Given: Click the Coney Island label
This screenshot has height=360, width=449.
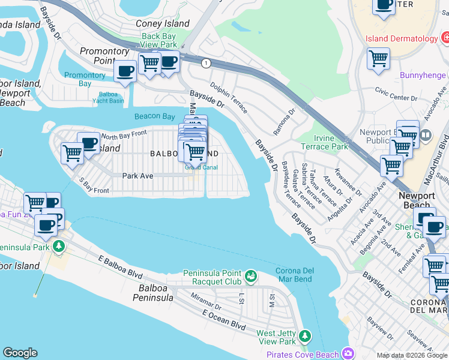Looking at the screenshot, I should (162, 24).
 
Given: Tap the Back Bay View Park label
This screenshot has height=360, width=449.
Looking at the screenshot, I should (159, 40).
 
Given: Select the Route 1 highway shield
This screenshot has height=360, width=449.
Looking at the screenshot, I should (206, 63).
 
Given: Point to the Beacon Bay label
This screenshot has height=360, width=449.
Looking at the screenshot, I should (154, 116).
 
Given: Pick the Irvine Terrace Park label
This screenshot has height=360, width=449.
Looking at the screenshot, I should (324, 143).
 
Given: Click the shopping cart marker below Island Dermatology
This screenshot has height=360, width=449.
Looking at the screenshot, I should (378, 59).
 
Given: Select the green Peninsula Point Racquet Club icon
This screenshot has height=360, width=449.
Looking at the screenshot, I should (251, 277).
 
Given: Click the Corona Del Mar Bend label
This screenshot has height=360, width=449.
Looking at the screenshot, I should (295, 275).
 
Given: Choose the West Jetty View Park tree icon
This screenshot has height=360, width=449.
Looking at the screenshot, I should (306, 335).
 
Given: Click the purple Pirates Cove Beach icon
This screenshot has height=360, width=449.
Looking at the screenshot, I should (346, 353).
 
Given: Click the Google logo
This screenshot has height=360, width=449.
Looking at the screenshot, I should (20, 353).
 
